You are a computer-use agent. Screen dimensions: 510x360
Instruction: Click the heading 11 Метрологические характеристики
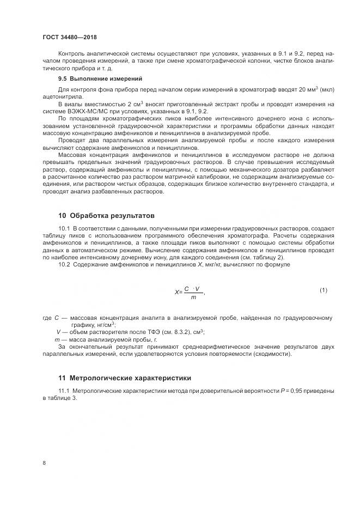pyautogui.click(x=124, y=377)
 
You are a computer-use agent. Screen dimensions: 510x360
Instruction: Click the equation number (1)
pyautogui.click(x=323, y=290)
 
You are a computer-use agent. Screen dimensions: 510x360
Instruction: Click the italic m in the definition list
pyautogui.click(x=58, y=339)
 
